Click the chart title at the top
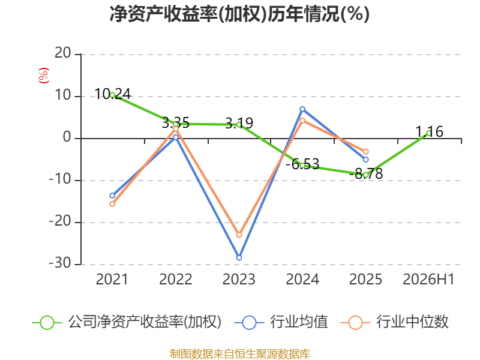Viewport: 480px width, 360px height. pyautogui.click(x=239, y=14)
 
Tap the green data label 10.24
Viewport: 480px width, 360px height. pyautogui.click(x=113, y=94)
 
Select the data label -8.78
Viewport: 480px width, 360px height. pyautogui.click(x=366, y=173)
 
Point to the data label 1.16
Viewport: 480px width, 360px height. pyautogui.click(x=429, y=131)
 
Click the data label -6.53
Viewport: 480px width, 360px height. pyautogui.click(x=302, y=164)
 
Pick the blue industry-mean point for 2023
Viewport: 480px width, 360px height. pyautogui.click(x=239, y=258)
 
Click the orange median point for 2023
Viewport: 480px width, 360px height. pyautogui.click(x=239, y=235)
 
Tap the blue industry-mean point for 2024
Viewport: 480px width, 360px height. pyautogui.click(x=302, y=109)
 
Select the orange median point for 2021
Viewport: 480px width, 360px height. pyautogui.click(x=112, y=204)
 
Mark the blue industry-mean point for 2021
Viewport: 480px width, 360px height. pyautogui.click(x=112, y=196)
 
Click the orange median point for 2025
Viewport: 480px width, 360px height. pyautogui.click(x=366, y=152)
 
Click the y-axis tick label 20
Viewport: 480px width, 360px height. pyautogui.click(x=63, y=53)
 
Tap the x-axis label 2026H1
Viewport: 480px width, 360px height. pyautogui.click(x=428, y=279)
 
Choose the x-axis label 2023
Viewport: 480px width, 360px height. pyautogui.click(x=239, y=279)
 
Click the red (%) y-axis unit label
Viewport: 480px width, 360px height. pyautogui.click(x=43, y=76)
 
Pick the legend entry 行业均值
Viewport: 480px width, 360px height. pyautogui.click(x=281, y=322)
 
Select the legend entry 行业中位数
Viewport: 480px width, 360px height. pyautogui.click(x=395, y=322)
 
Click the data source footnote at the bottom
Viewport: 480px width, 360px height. pyautogui.click(x=240, y=354)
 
